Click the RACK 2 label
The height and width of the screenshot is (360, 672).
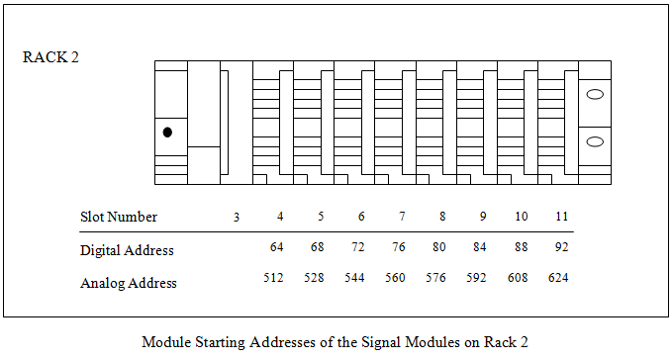[50, 56]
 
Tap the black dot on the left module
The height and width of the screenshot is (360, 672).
[167, 132]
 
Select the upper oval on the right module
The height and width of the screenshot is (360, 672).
[595, 95]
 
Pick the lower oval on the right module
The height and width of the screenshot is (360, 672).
[595, 141]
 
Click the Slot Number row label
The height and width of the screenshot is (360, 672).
[119, 217]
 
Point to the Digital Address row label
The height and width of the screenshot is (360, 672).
[127, 250]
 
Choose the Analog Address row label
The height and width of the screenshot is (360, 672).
[129, 283]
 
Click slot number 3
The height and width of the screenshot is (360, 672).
[236, 217]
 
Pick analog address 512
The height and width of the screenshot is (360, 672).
[274, 279]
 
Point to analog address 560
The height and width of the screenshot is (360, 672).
[396, 279]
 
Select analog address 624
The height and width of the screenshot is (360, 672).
[559, 279]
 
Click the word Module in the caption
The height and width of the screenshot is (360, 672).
[163, 342]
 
